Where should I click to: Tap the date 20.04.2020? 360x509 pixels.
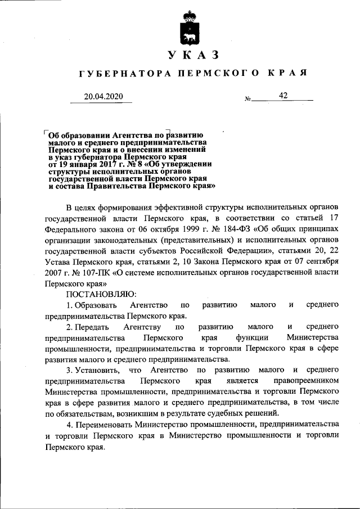click(x=103, y=96)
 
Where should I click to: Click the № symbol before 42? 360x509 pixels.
click(x=247, y=99)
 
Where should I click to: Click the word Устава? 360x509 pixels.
click(x=56, y=262)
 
